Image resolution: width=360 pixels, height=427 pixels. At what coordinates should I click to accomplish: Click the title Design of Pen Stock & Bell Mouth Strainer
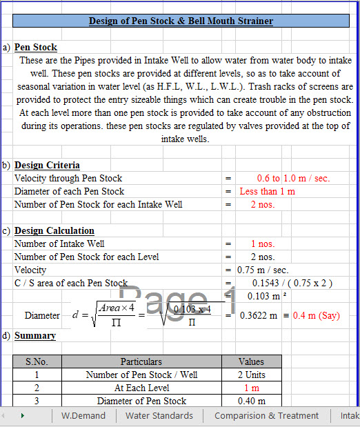pos(181,21)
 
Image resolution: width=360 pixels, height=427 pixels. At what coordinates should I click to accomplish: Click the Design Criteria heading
pos(47,165)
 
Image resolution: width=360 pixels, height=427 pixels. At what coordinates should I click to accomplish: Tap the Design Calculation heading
pos(54,230)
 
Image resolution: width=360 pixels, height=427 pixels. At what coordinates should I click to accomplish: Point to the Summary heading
pos(35,336)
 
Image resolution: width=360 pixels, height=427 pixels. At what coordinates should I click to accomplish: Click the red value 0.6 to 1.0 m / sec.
pos(293,178)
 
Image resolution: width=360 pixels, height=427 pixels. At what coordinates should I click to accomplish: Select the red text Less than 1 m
pos(267,191)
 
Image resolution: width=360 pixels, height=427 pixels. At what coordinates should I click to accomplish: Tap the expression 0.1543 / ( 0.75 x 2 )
pos(292,283)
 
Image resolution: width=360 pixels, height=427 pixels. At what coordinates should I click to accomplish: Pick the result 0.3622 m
pos(259,315)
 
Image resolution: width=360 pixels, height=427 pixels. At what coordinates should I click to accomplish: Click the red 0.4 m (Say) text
pos(316,315)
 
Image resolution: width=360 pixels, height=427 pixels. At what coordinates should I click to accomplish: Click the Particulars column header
pos(141,361)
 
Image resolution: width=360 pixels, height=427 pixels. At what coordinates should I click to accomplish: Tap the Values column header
pos(251,361)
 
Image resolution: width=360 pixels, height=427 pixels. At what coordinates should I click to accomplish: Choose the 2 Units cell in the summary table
pos(251,375)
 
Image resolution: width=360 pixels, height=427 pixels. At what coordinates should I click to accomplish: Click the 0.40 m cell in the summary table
pos(251,401)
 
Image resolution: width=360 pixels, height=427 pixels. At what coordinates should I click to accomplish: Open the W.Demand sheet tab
pos(83,415)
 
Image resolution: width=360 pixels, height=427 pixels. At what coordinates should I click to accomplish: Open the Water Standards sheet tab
pos(159,415)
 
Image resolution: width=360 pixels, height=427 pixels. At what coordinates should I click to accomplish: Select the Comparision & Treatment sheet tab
pos(266,415)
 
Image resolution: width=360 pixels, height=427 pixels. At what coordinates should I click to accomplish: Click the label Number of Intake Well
pos(59,244)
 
